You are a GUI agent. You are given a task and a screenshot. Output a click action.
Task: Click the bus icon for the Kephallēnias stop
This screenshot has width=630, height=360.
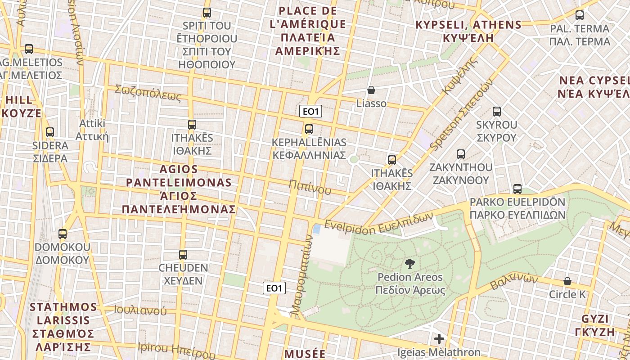point(309,129)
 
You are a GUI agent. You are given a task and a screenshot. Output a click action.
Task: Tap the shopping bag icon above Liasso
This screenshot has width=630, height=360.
point(371,90)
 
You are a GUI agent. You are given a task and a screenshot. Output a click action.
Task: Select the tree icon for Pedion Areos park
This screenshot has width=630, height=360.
point(409,264)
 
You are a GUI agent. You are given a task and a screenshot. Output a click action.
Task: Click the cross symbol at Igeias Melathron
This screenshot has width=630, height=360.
point(439,339)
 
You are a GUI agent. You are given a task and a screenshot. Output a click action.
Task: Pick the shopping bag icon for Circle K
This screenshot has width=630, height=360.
point(567,281)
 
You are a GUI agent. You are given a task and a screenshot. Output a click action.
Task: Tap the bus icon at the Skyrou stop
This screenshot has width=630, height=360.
point(497,112)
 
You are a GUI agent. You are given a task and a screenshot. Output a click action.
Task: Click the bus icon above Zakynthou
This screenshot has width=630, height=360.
point(461,154)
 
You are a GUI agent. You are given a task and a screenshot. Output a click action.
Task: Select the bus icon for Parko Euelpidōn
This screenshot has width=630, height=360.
point(517,189)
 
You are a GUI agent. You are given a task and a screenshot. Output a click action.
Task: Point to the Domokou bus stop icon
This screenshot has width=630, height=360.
point(63,234)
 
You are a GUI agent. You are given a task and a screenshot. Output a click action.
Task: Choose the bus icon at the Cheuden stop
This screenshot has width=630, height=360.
point(183,255)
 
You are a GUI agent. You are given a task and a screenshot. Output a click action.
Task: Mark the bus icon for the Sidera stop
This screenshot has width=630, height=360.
point(50,132)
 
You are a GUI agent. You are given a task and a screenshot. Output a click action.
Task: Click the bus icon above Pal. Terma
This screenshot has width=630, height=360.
point(580,15)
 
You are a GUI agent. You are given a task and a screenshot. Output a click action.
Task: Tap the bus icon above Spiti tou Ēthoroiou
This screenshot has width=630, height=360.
point(207,13)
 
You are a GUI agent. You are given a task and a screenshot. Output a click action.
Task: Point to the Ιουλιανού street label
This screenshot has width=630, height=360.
point(140,310)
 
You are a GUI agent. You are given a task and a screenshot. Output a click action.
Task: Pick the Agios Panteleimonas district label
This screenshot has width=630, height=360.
point(179,189)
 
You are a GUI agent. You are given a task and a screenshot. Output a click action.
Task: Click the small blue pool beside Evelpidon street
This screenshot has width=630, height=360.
point(317,229)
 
